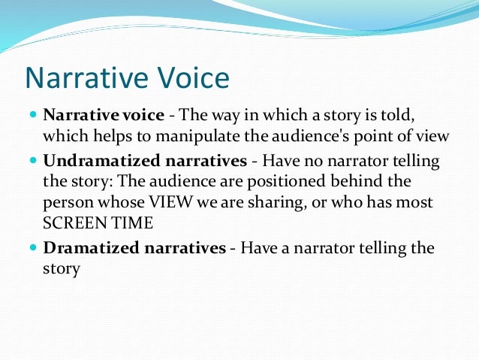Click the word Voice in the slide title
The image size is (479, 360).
pyautogui.click(x=191, y=78)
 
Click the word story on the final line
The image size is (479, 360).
pyautogui.click(x=61, y=268)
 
